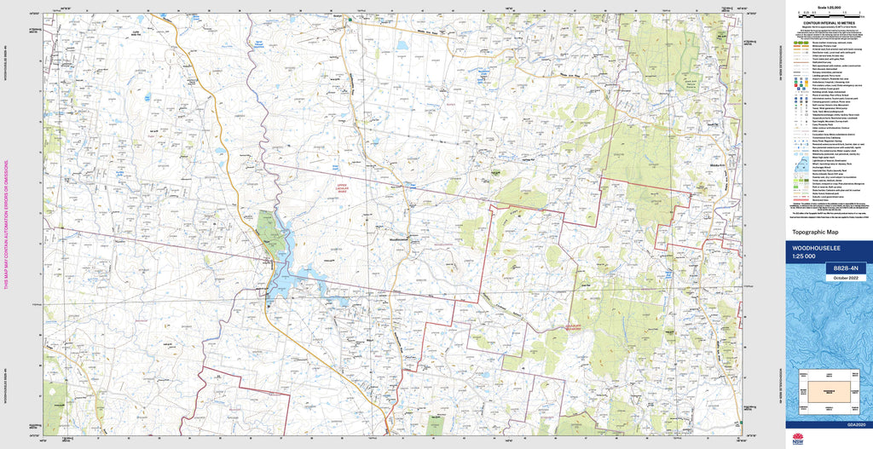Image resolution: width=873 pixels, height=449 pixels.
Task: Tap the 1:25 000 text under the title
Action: click(806, 256)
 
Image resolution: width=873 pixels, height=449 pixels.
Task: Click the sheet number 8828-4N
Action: click(844, 268)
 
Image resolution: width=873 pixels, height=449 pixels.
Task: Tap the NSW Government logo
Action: click(798, 440)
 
